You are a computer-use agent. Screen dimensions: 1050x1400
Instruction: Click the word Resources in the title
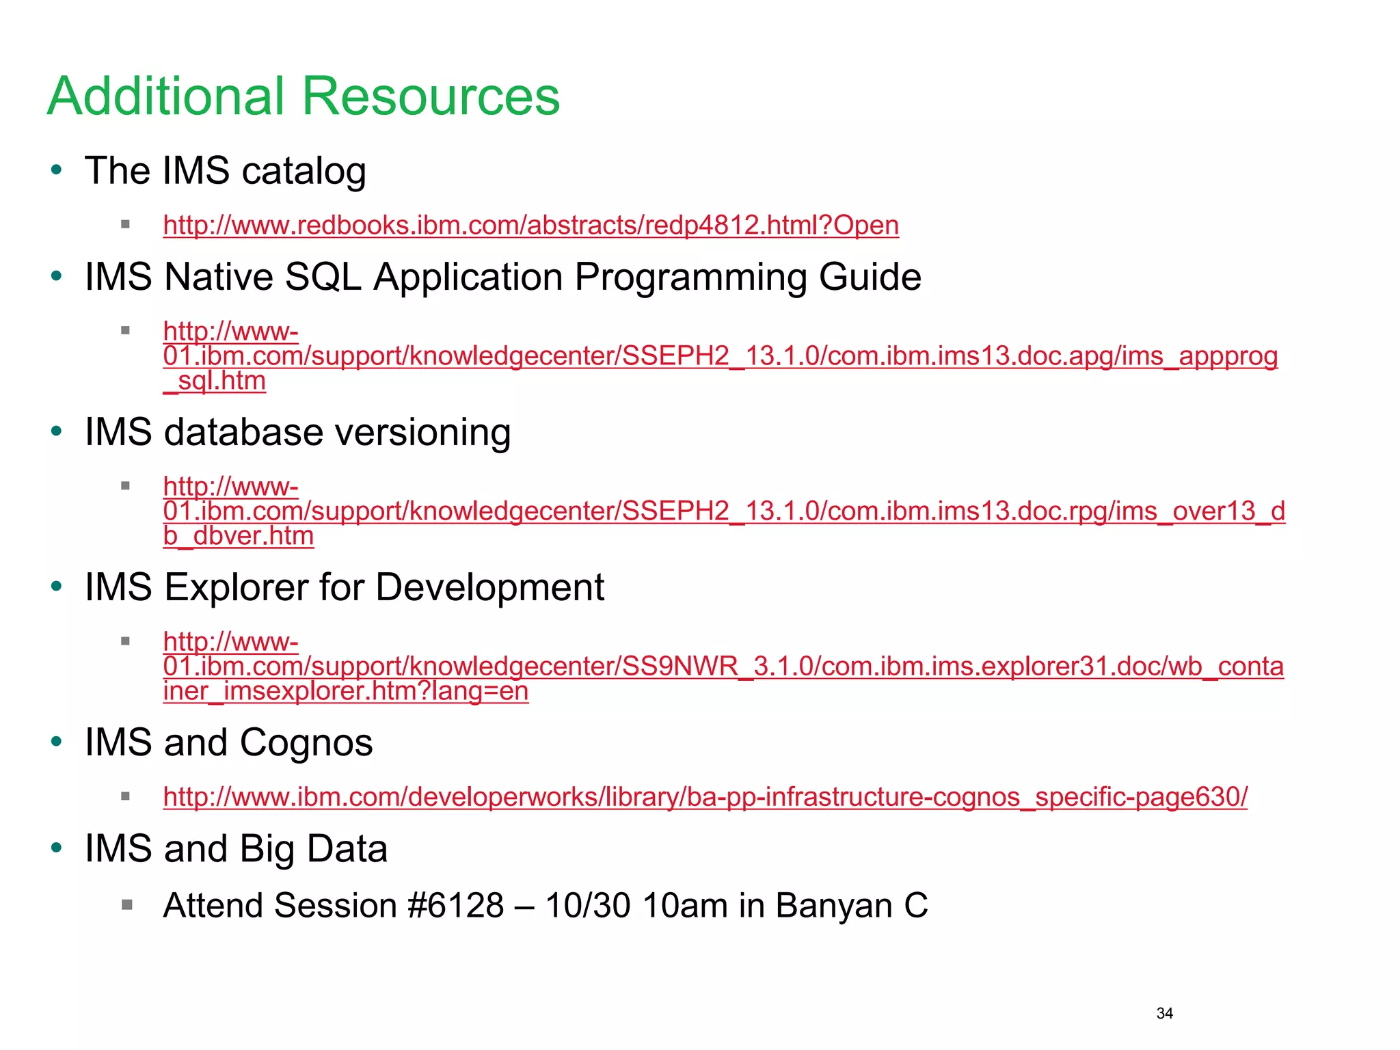(x=431, y=96)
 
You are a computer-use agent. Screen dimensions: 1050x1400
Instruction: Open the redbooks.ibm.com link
(x=530, y=225)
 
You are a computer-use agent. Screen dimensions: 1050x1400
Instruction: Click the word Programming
(x=690, y=278)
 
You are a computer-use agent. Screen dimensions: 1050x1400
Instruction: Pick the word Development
(x=489, y=587)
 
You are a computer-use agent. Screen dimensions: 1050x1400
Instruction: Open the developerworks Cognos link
(x=705, y=797)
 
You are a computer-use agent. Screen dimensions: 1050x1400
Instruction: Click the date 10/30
(x=588, y=906)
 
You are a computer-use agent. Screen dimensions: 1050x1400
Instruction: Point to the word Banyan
(x=834, y=906)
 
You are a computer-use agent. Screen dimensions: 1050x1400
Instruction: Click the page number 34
(x=1164, y=1013)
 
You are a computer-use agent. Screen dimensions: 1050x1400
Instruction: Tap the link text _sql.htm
(x=215, y=381)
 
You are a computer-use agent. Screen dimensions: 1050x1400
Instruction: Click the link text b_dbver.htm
(x=239, y=536)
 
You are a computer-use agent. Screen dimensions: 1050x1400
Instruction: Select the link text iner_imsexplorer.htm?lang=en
(x=346, y=691)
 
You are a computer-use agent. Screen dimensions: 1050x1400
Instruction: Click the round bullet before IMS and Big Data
(x=57, y=848)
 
